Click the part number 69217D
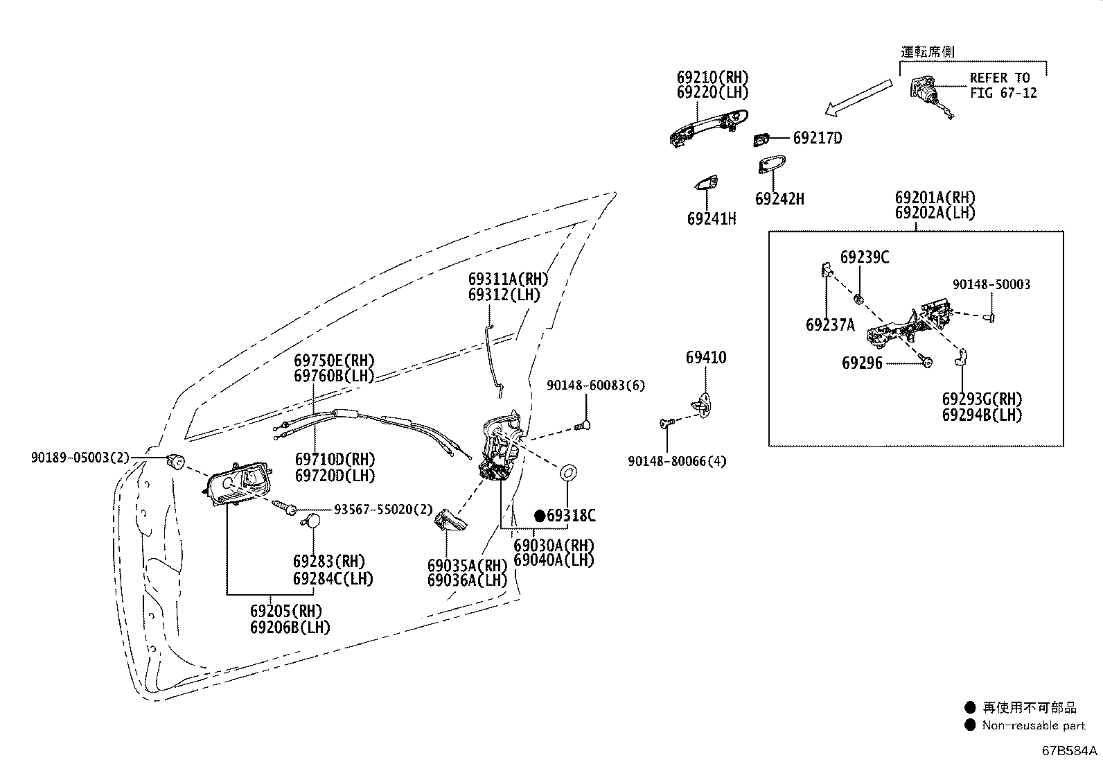[x=818, y=138]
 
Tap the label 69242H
[x=779, y=199]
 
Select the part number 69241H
[x=712, y=219]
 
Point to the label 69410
[x=706, y=357]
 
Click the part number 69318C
[x=571, y=516]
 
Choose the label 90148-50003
[x=991, y=284]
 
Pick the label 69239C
[x=865, y=257]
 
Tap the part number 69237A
[x=830, y=324]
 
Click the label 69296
[x=862, y=363]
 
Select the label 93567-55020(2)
[x=383, y=509]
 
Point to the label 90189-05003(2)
[x=80, y=458]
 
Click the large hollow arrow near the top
[x=858, y=98]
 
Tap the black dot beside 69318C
[x=540, y=516]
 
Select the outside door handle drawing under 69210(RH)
[x=709, y=128]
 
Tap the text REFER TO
[x=1000, y=78]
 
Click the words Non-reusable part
[x=1034, y=725]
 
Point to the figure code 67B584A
[x=1069, y=751]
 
